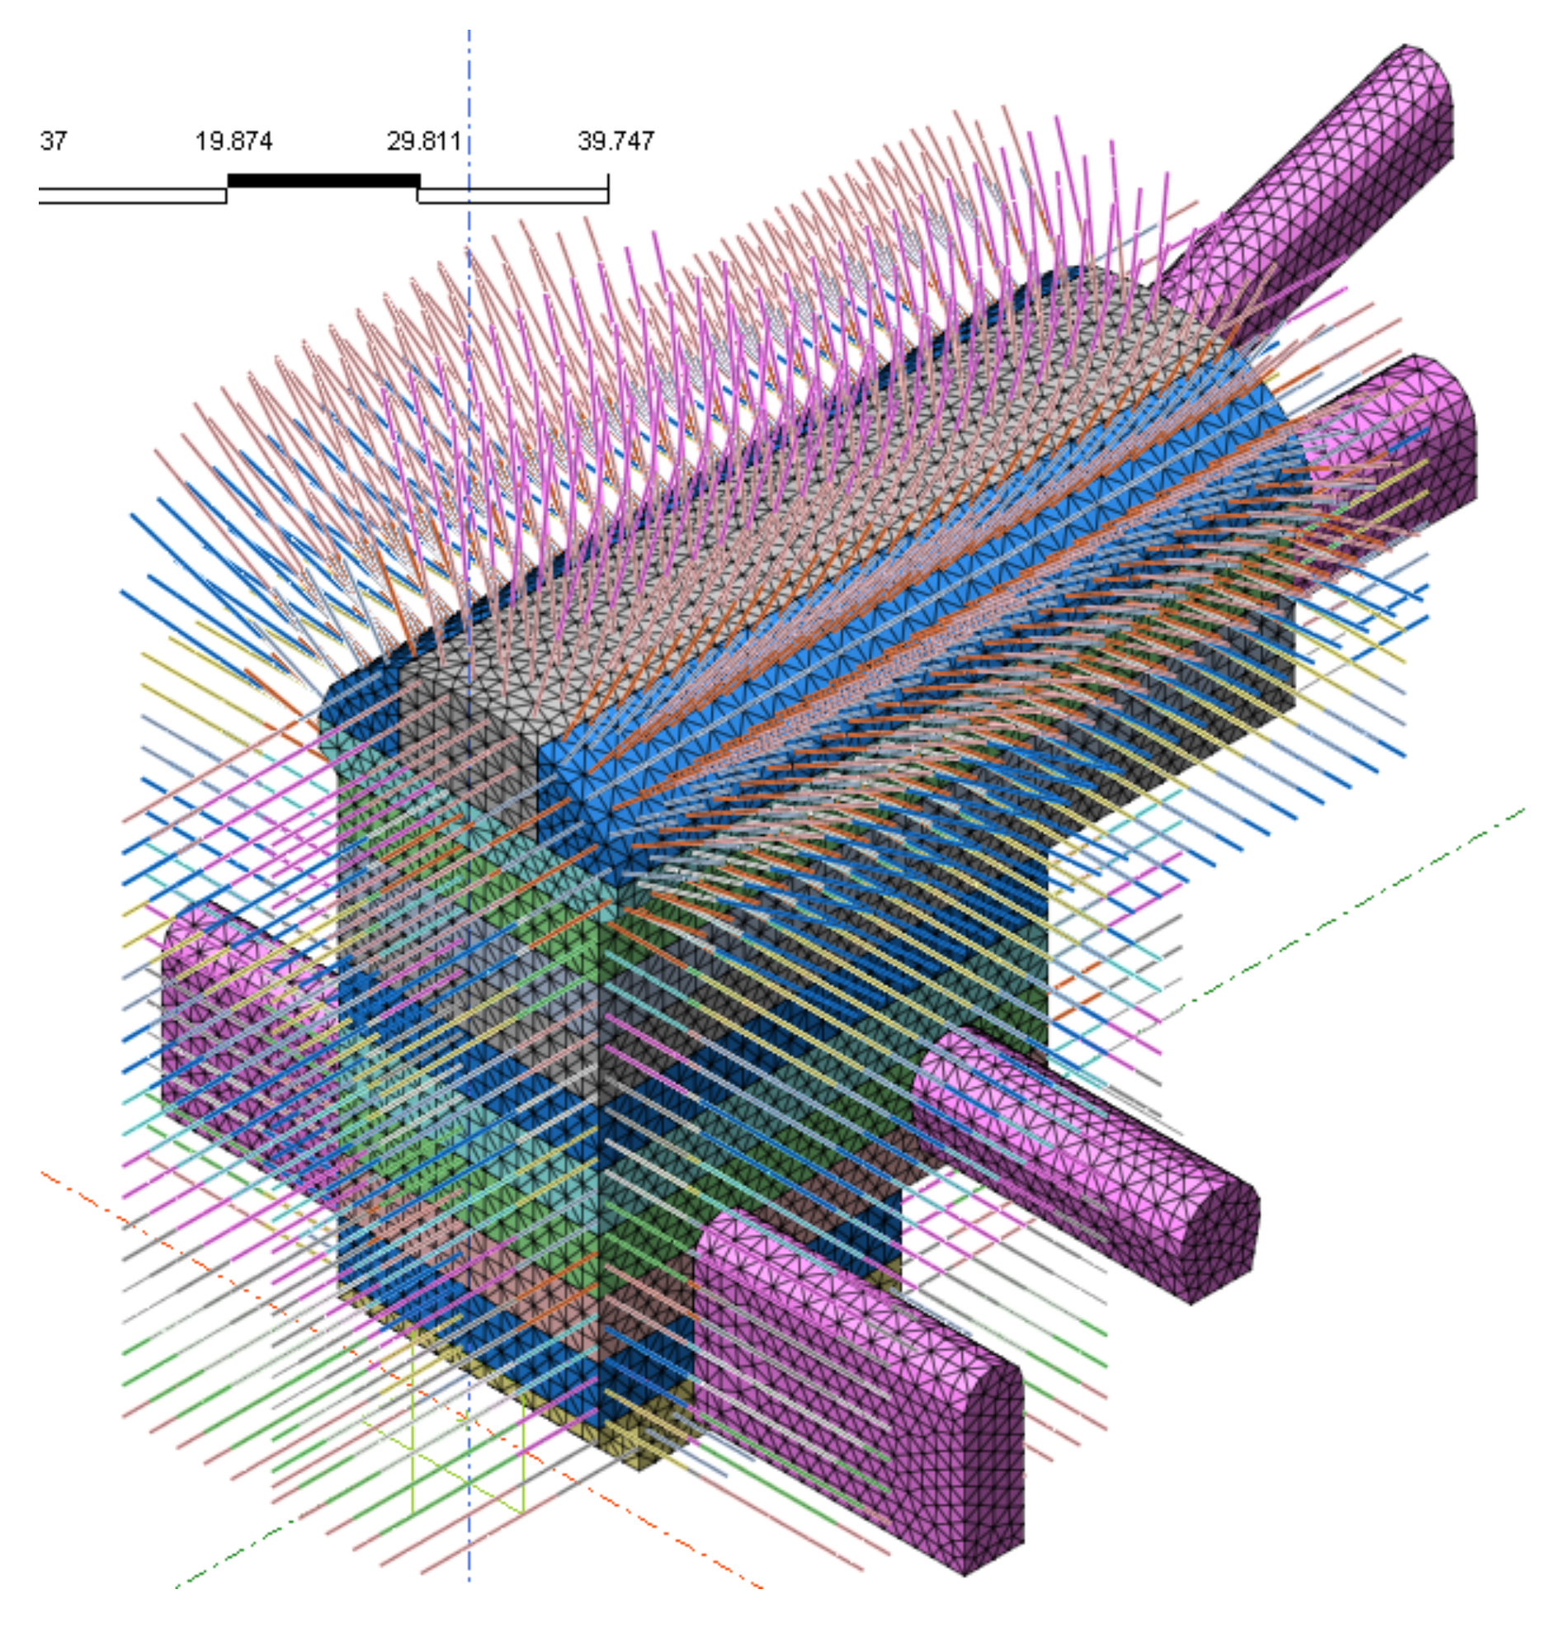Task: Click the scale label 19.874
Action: tap(233, 141)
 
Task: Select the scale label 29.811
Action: tap(423, 141)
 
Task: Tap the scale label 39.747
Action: tap(616, 141)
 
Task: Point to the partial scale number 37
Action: tap(52, 141)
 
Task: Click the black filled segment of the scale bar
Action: tap(323, 180)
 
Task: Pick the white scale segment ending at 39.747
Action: tap(513, 195)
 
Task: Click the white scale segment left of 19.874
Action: tap(132, 195)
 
